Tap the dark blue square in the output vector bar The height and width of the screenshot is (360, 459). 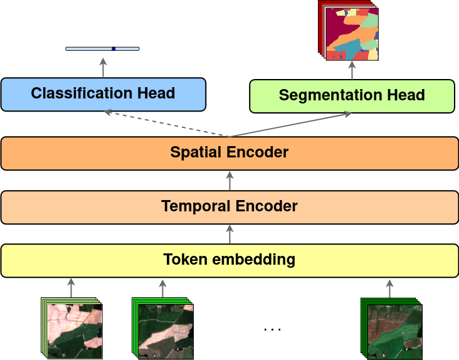pyautogui.click(x=113, y=48)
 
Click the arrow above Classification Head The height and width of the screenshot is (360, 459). pyautogui.click(x=103, y=66)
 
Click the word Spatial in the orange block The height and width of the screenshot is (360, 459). pyautogui.click(x=193, y=152)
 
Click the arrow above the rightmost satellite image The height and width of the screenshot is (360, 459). pyautogui.click(x=389, y=288)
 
